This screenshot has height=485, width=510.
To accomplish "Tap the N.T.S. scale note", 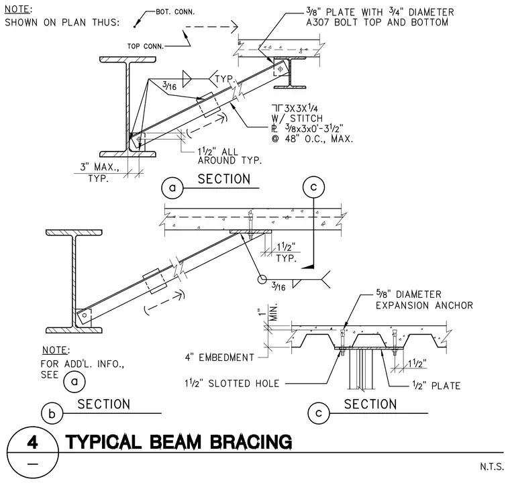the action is tap(491, 467).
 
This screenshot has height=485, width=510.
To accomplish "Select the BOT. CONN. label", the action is tap(175, 12).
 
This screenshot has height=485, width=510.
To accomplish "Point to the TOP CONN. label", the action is tap(146, 46).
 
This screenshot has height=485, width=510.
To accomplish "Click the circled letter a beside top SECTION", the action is tap(172, 188).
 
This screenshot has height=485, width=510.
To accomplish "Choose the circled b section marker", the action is tap(52, 413).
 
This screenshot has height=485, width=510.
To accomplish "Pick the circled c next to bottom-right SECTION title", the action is tap(319, 413).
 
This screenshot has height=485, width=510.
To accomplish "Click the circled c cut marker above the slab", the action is tap(313, 187).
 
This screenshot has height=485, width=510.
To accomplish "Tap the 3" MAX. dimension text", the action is tap(99, 167).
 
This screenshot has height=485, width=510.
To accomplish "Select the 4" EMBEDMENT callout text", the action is tap(219, 358).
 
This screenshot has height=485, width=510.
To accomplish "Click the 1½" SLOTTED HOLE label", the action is tap(232, 384).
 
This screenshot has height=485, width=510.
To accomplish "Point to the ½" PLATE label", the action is tap(436, 386).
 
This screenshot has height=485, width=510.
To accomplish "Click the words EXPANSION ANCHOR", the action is tap(425, 306).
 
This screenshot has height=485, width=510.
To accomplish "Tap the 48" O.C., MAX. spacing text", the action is tap(313, 139).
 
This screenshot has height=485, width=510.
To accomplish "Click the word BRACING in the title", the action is tap(251, 442).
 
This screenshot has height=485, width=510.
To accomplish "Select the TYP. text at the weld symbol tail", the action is tap(224, 79).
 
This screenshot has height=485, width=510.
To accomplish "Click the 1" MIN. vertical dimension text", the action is tap(270, 313).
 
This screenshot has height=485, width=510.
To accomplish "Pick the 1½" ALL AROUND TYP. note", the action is tap(229, 156).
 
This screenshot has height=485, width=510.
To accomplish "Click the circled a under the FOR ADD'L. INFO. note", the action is tap(74, 381).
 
